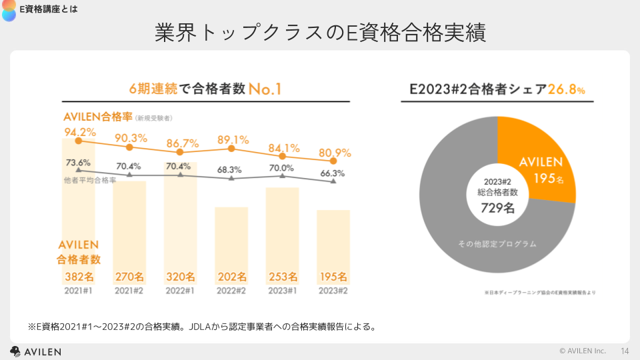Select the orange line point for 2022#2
[231, 149]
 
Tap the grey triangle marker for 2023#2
[333, 182]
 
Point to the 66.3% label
[332, 173]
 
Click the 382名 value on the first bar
[79, 277]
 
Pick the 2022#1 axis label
[180, 291]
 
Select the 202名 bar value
[231, 277]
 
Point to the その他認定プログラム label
[497, 244]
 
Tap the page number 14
[625, 351]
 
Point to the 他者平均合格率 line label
[95, 180]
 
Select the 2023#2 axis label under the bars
[333, 291]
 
